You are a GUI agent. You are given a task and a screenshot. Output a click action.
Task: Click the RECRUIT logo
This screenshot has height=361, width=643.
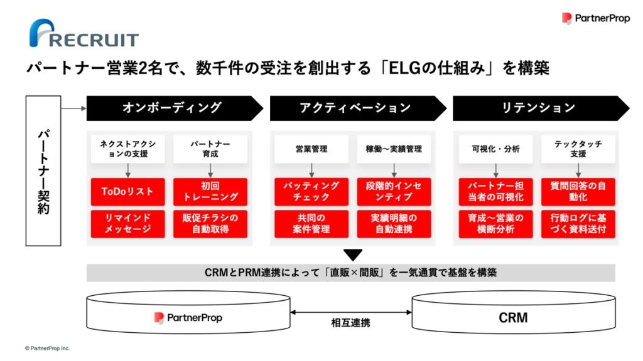tap(84, 33)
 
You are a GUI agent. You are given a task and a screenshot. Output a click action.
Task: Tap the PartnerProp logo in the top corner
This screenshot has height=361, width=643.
tap(596, 18)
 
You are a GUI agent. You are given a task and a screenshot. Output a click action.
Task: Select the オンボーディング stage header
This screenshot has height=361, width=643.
tap(175, 108)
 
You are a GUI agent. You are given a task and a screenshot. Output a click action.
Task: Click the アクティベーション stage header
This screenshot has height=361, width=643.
tap(358, 108)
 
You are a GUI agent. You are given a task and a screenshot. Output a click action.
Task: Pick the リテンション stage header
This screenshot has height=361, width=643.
tap(541, 108)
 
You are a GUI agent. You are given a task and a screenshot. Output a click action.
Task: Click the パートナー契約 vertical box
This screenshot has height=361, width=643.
tap(43, 170)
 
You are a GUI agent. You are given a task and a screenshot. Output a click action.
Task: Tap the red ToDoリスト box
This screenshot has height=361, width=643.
tap(127, 192)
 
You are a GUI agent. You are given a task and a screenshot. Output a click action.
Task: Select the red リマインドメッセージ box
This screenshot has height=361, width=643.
tap(127, 224)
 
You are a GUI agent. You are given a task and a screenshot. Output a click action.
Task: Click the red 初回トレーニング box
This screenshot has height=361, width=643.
tap(210, 192)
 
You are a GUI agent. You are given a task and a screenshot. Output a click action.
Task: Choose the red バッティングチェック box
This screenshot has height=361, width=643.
tap(311, 192)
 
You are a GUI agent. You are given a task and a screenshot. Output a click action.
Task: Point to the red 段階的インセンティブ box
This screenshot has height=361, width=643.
tap(394, 192)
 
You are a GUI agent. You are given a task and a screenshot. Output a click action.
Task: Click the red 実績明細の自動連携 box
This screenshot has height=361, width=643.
tap(394, 224)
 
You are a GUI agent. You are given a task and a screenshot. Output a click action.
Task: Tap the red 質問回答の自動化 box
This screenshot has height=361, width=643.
tap(578, 192)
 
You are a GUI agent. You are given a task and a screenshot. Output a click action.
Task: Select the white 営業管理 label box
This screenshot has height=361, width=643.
tap(311, 149)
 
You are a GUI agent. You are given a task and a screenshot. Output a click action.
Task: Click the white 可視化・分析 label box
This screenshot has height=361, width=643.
tap(496, 149)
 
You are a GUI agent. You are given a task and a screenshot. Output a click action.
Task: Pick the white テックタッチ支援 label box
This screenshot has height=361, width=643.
tap(578, 149)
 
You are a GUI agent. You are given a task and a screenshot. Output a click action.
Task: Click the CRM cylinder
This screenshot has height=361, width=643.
tap(514, 312)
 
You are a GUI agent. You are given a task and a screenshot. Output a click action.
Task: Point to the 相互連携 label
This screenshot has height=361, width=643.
tap(350, 323)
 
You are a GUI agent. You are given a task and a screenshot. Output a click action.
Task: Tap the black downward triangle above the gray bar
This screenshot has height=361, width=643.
tap(353, 255)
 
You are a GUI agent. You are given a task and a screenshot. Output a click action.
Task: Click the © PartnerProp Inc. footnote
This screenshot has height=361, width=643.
tap(47, 348)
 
